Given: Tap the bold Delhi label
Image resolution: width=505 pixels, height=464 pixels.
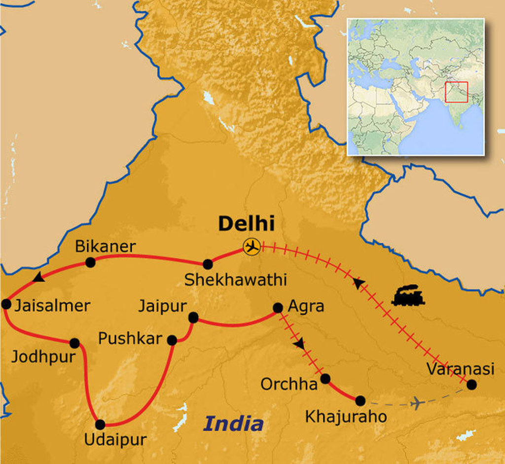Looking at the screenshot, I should pyautogui.click(x=246, y=223).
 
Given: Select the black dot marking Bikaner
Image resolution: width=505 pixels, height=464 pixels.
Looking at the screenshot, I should pyautogui.click(x=90, y=262).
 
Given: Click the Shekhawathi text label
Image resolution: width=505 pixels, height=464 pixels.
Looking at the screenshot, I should pyautogui.click(x=235, y=280).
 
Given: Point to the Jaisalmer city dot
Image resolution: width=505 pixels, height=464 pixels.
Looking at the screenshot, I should pyautogui.click(x=6, y=304).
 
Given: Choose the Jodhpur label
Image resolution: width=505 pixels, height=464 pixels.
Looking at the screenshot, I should pyautogui.click(x=43, y=357).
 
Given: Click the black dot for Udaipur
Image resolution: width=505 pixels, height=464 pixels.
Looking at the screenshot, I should pyautogui.click(x=100, y=424).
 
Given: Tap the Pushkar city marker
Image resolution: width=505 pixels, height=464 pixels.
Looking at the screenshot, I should pyautogui.click(x=172, y=340).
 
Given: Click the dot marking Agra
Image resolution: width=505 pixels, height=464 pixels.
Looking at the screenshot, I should pyautogui.click(x=278, y=308).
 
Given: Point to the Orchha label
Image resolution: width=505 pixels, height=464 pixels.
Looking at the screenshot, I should pyautogui.click(x=289, y=384).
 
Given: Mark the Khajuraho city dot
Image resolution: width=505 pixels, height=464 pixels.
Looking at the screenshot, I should pyautogui.click(x=361, y=401).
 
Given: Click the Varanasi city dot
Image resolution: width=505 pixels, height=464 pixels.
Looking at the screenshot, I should pyautogui.click(x=472, y=385).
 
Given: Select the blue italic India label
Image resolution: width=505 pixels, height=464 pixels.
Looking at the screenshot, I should pyautogui.click(x=233, y=423).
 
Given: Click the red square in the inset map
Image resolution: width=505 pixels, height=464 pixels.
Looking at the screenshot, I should pyautogui.click(x=456, y=92).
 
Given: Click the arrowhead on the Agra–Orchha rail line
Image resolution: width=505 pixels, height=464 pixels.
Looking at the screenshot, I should pyautogui.click(x=299, y=344).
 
